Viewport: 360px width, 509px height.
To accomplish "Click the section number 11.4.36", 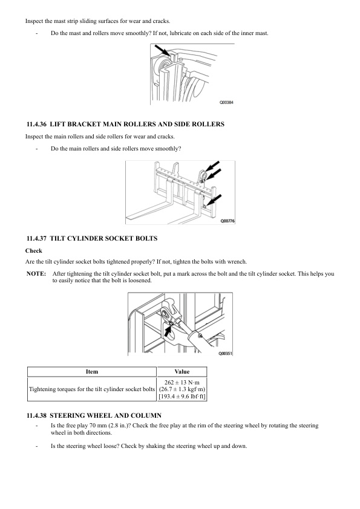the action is tap(36, 125).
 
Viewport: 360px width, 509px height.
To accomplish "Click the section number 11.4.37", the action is tap(36, 239).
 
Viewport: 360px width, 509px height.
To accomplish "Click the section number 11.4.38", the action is tap(36, 415).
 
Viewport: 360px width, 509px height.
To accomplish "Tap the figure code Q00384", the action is tap(226, 102).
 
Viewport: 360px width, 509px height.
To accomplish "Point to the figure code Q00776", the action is tap(227, 221).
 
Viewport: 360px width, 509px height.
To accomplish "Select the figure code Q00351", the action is tap(225, 353).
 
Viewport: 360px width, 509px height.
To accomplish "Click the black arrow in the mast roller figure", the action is tap(162, 50).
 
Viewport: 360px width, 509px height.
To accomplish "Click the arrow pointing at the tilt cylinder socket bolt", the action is tap(168, 331).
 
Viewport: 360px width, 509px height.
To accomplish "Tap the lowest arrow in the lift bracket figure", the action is tap(214, 199).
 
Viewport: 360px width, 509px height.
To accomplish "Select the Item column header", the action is tap(91, 372).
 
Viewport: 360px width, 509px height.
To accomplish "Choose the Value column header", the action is tap(182, 372).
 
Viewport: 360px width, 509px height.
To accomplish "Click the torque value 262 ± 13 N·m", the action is tap(182, 383).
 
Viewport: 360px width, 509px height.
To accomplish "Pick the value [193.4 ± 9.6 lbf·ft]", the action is tap(182, 397).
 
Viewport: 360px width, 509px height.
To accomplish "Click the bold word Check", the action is tap(34, 251).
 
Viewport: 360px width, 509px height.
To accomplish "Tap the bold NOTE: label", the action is tap(36, 274).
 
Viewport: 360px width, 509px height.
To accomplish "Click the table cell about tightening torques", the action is tap(92, 389).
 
